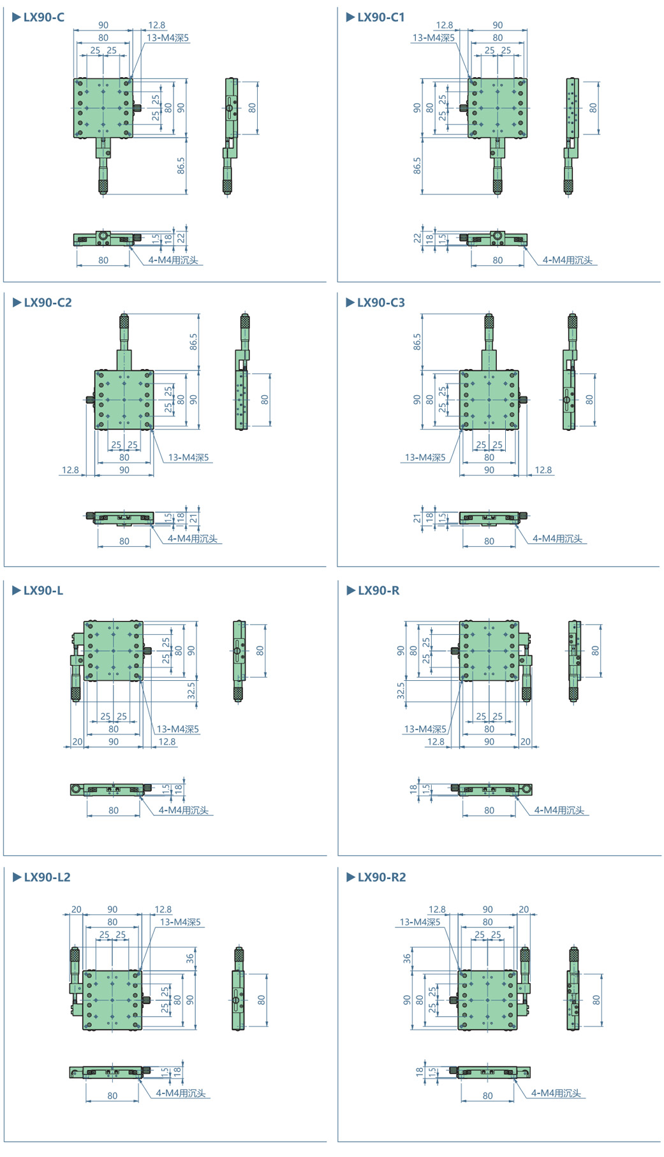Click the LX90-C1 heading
click(x=381, y=17)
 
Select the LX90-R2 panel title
click(x=381, y=877)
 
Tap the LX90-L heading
click(x=43, y=590)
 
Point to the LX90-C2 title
click(x=48, y=302)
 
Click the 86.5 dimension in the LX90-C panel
click(x=181, y=166)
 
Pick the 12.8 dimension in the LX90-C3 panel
click(x=543, y=470)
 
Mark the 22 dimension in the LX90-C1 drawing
click(x=417, y=238)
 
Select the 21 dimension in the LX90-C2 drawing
click(x=193, y=519)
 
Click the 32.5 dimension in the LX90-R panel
click(x=401, y=691)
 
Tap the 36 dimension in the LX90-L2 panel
click(x=189, y=957)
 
